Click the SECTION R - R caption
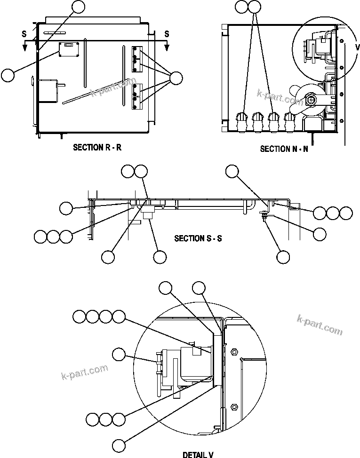click(x=97, y=147)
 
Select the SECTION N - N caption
click(x=284, y=149)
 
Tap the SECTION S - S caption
click(x=198, y=238)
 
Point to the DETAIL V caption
click(x=198, y=454)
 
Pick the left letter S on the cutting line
click(x=24, y=33)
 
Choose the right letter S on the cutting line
click(x=167, y=33)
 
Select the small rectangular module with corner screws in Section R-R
click(x=69, y=49)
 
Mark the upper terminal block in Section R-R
click(x=137, y=58)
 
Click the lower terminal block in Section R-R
click(x=137, y=96)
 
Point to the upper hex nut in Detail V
click(x=233, y=350)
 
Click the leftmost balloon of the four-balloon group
click(x=80, y=317)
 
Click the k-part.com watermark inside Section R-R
click(x=112, y=88)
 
